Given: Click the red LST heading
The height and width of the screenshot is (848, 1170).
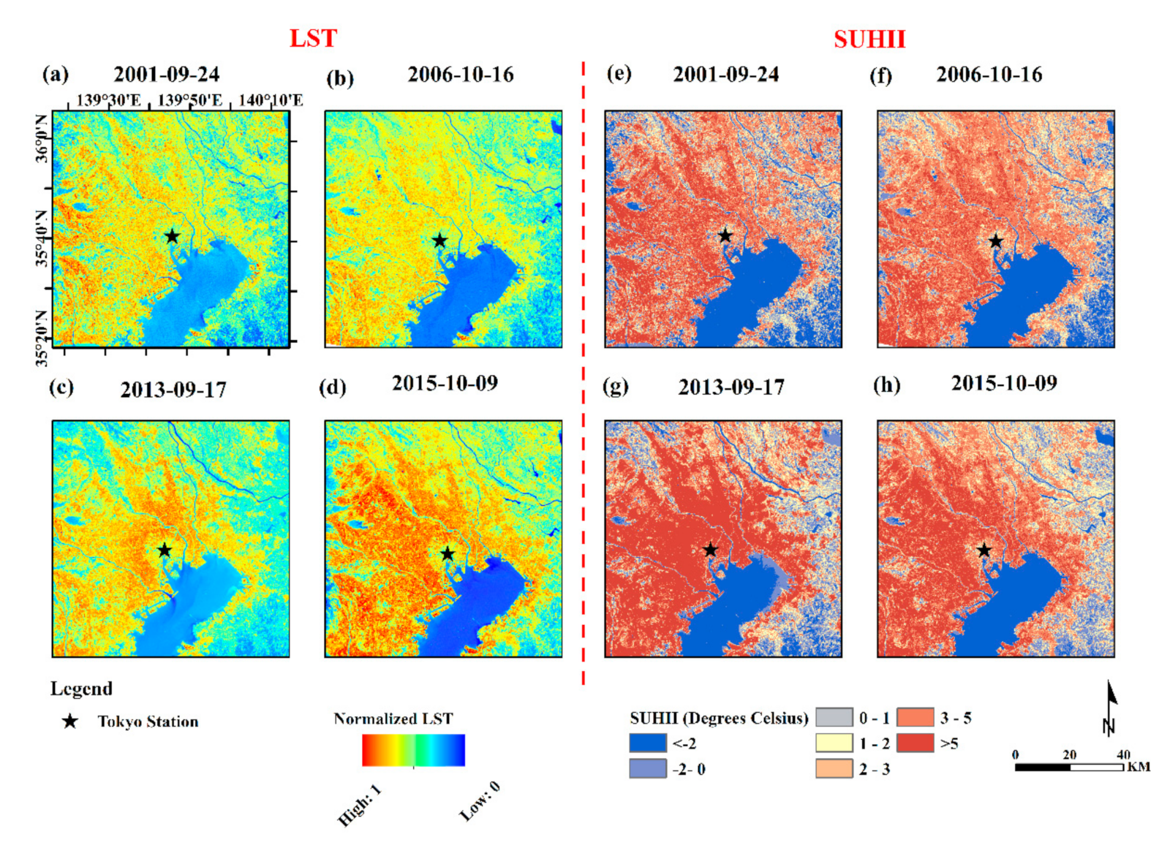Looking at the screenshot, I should click(x=313, y=38).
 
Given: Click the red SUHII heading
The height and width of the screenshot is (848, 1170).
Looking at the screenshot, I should click(x=869, y=39).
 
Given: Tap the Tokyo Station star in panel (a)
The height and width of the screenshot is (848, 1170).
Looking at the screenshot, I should click(x=172, y=236).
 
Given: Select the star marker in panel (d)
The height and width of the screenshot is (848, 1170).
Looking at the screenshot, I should click(x=448, y=554).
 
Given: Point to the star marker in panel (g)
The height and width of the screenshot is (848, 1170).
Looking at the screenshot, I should click(x=710, y=550).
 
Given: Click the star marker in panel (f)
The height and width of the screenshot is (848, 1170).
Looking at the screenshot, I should click(x=995, y=241).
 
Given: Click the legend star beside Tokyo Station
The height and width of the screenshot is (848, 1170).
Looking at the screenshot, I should click(x=69, y=722).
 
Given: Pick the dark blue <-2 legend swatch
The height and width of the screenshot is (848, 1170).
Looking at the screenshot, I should click(x=648, y=743).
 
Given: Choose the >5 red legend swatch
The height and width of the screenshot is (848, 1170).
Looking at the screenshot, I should click(x=915, y=743).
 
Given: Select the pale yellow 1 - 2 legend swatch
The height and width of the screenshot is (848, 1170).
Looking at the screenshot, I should click(x=834, y=743).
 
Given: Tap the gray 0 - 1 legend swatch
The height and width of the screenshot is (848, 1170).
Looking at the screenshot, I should click(x=834, y=717).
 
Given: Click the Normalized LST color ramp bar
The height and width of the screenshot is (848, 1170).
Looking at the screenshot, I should click(x=413, y=750).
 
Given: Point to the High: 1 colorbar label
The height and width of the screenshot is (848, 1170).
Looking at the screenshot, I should click(x=359, y=806).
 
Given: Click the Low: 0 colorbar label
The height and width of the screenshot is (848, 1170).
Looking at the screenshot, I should click(x=480, y=802).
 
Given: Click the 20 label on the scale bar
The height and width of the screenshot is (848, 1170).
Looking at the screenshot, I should click(x=1069, y=754).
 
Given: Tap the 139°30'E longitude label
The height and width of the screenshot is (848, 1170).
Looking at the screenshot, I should click(x=108, y=100).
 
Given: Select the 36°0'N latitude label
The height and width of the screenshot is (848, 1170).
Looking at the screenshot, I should click(x=42, y=138).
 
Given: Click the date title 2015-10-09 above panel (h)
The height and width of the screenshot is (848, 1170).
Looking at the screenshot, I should click(x=1003, y=383).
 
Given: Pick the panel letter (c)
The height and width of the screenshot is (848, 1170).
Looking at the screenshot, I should click(x=61, y=386).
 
